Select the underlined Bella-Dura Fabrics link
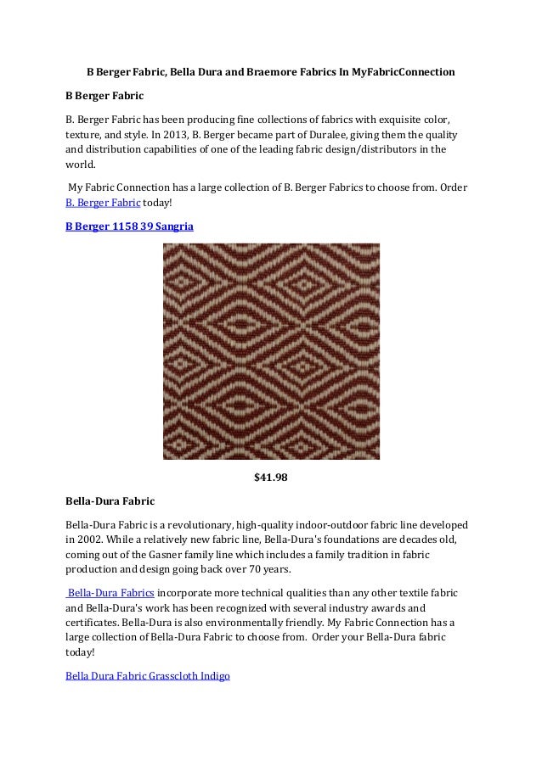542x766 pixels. click(x=110, y=592)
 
